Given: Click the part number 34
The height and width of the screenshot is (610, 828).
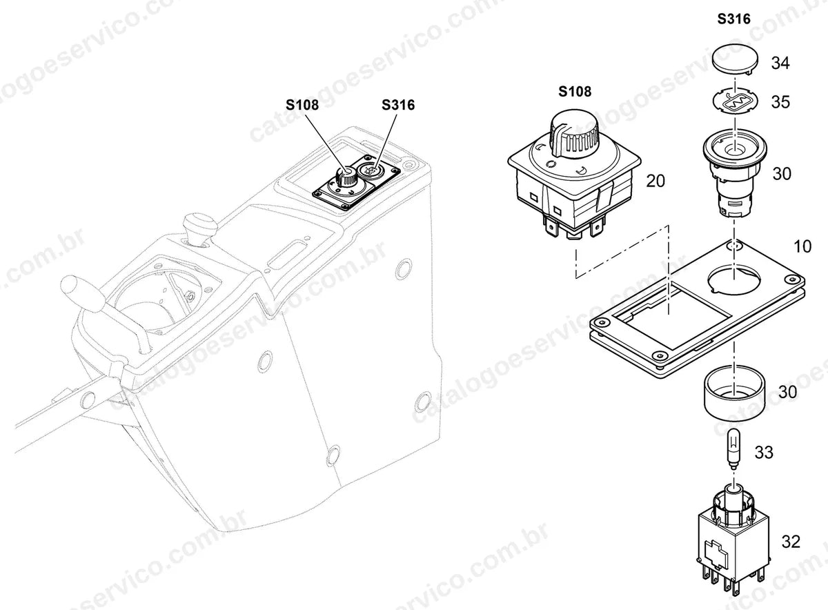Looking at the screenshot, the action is (780, 63).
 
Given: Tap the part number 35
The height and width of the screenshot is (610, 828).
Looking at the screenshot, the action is (780, 102).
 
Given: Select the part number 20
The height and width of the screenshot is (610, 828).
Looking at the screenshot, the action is (655, 181).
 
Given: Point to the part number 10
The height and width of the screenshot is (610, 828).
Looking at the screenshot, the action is (802, 246).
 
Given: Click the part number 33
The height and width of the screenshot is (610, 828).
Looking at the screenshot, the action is (764, 452).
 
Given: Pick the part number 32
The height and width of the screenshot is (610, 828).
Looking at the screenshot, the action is (791, 542).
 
